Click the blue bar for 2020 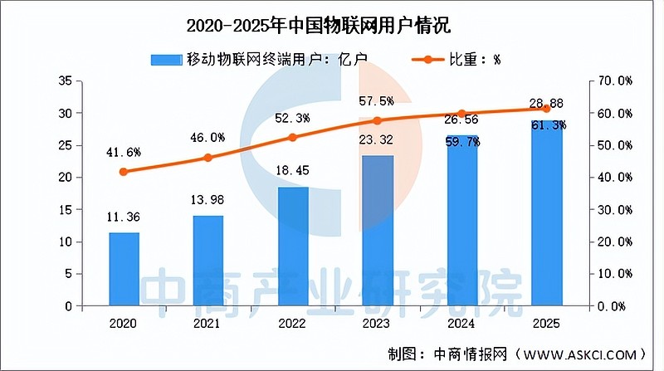coord(124,269)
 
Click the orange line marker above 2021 coord(208,158)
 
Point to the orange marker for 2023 coord(378,120)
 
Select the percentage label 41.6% coord(124,153)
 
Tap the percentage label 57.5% coord(377,100)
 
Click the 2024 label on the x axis coord(461,322)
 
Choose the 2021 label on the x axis coord(208,322)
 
